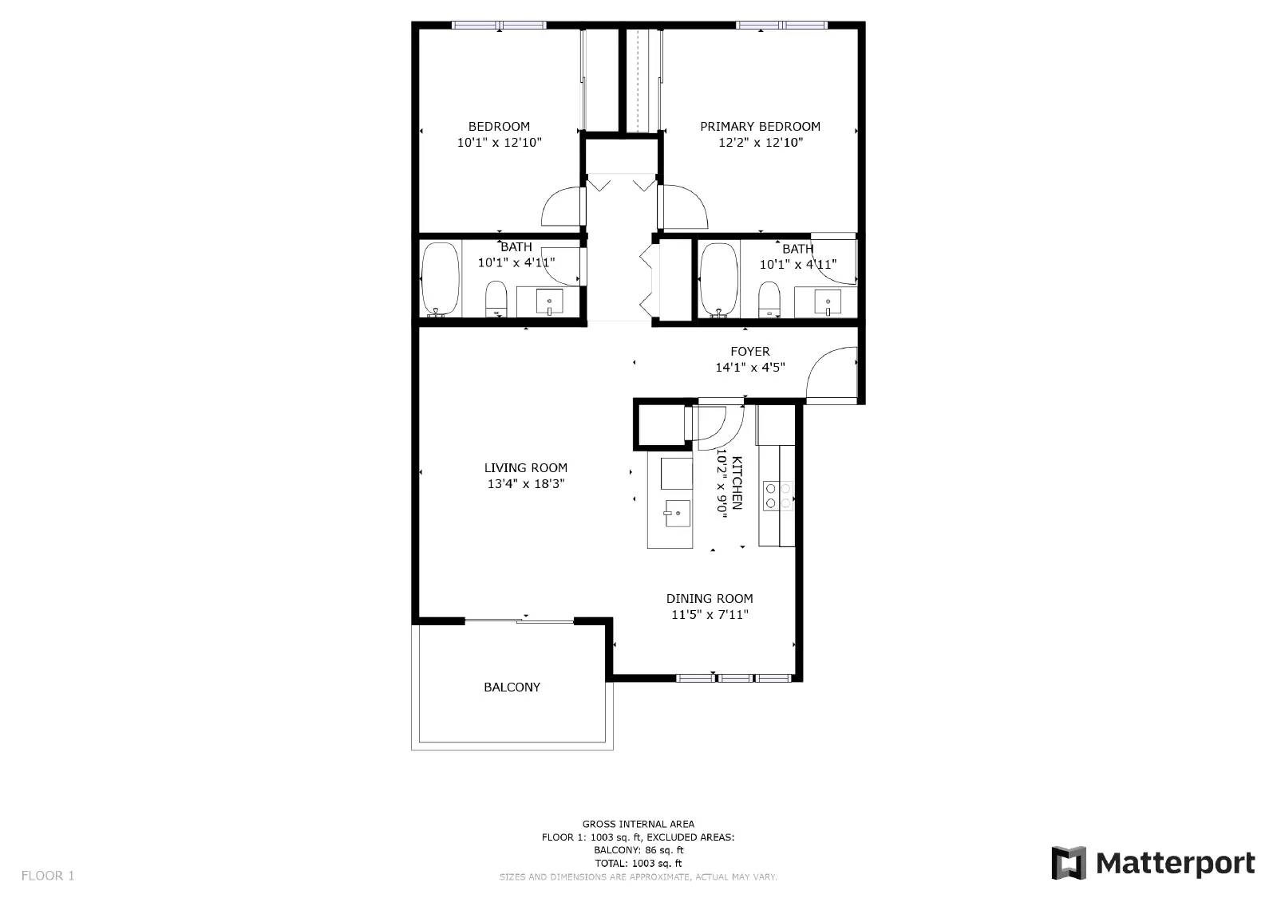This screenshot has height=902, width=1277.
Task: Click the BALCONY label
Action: (x=512, y=687)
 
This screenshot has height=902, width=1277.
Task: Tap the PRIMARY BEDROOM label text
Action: (x=760, y=126)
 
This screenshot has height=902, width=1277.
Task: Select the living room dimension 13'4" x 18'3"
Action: (x=525, y=484)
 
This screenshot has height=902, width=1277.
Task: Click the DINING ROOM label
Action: (x=710, y=598)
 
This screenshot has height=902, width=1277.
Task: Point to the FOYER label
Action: (x=750, y=351)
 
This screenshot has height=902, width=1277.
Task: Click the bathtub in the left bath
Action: (x=439, y=279)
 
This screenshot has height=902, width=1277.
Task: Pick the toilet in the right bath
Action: (x=769, y=301)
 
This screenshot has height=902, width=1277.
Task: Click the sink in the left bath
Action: (x=549, y=302)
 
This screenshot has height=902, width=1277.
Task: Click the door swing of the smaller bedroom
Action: (x=563, y=207)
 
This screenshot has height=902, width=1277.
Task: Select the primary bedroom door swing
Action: (x=683, y=207)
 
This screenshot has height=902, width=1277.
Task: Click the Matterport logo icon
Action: (x=1069, y=863)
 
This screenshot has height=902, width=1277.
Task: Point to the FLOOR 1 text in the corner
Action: (x=48, y=876)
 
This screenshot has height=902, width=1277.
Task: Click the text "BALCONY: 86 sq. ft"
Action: (x=638, y=850)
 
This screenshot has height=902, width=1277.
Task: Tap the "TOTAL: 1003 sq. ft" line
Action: (x=638, y=863)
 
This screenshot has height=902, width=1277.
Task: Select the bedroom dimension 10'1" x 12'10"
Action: (x=499, y=143)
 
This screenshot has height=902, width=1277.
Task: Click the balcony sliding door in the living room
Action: (x=519, y=620)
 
